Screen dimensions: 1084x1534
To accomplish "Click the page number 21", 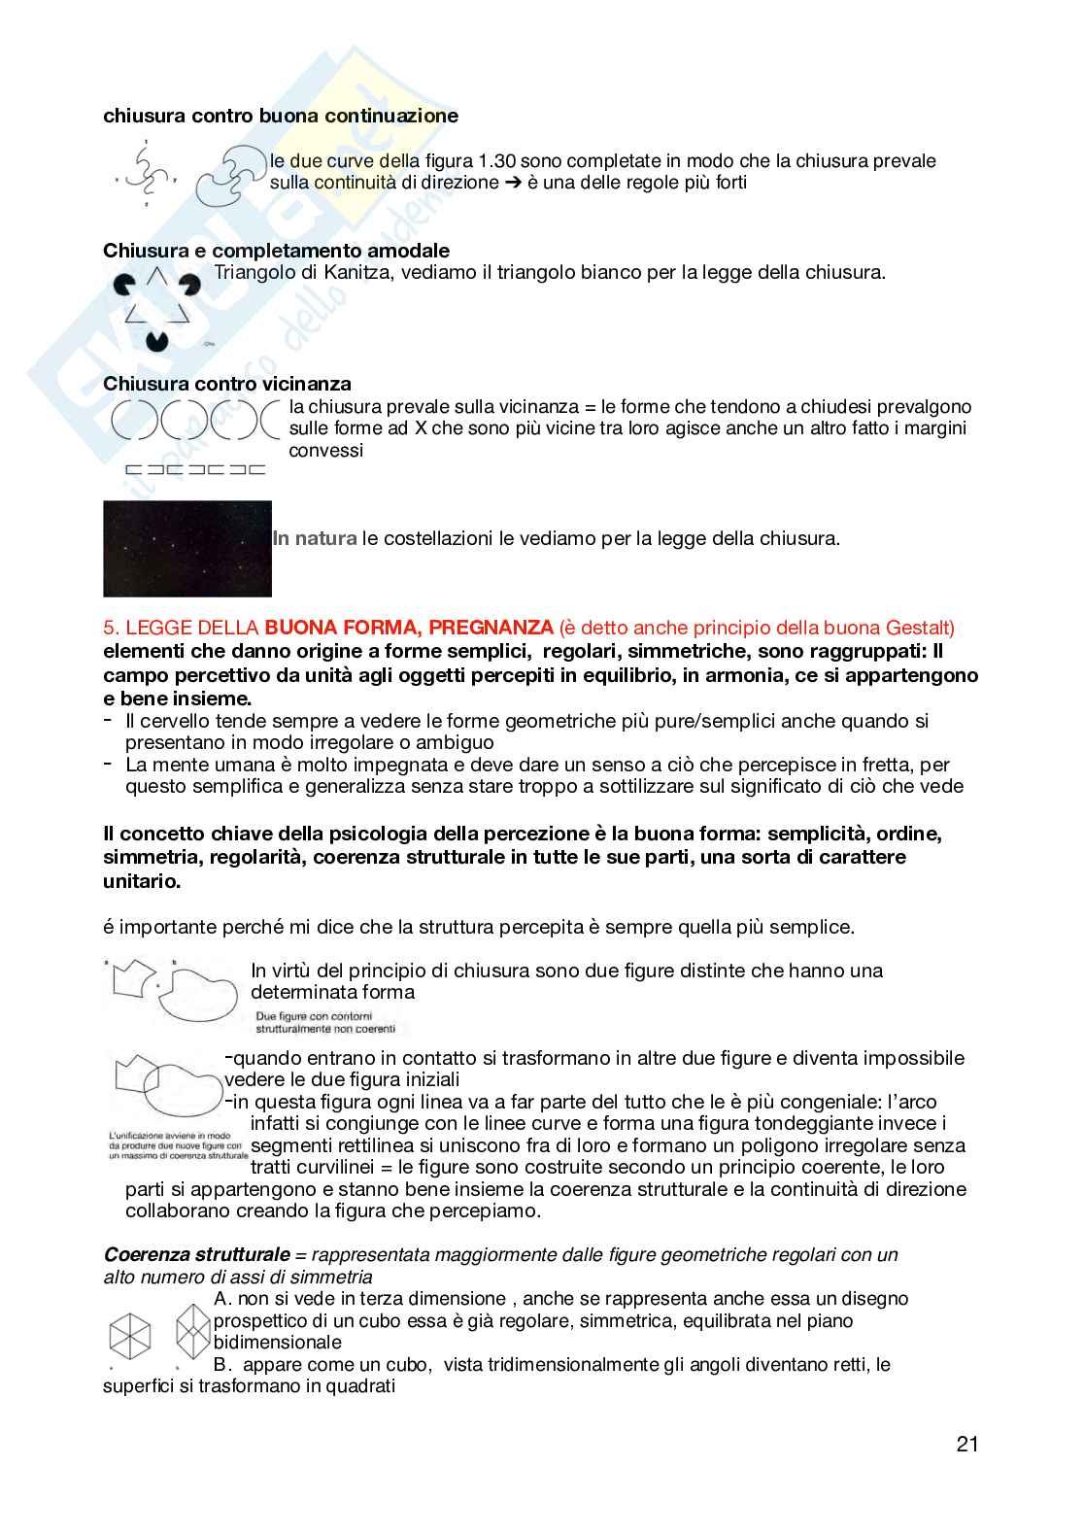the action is click(966, 1444).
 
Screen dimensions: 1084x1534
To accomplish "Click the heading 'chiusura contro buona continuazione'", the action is click(281, 116).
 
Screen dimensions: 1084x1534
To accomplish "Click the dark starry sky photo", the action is click(186, 549).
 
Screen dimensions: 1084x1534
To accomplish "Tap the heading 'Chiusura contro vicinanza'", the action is click(227, 384).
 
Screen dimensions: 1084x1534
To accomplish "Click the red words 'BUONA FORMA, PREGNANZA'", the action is click(408, 628).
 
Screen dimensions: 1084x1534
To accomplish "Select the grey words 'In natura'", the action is click(315, 537).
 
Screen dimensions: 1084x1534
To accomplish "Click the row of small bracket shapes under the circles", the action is click(195, 469).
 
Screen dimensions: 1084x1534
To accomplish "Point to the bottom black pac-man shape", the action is click(156, 340).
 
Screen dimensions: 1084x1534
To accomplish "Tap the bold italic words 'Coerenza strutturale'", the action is click(197, 1254).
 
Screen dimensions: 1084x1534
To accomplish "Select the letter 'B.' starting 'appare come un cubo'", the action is click(220, 1364).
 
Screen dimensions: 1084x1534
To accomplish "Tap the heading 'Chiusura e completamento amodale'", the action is click(276, 251).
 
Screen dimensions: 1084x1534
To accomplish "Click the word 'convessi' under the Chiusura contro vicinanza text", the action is click(325, 450).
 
